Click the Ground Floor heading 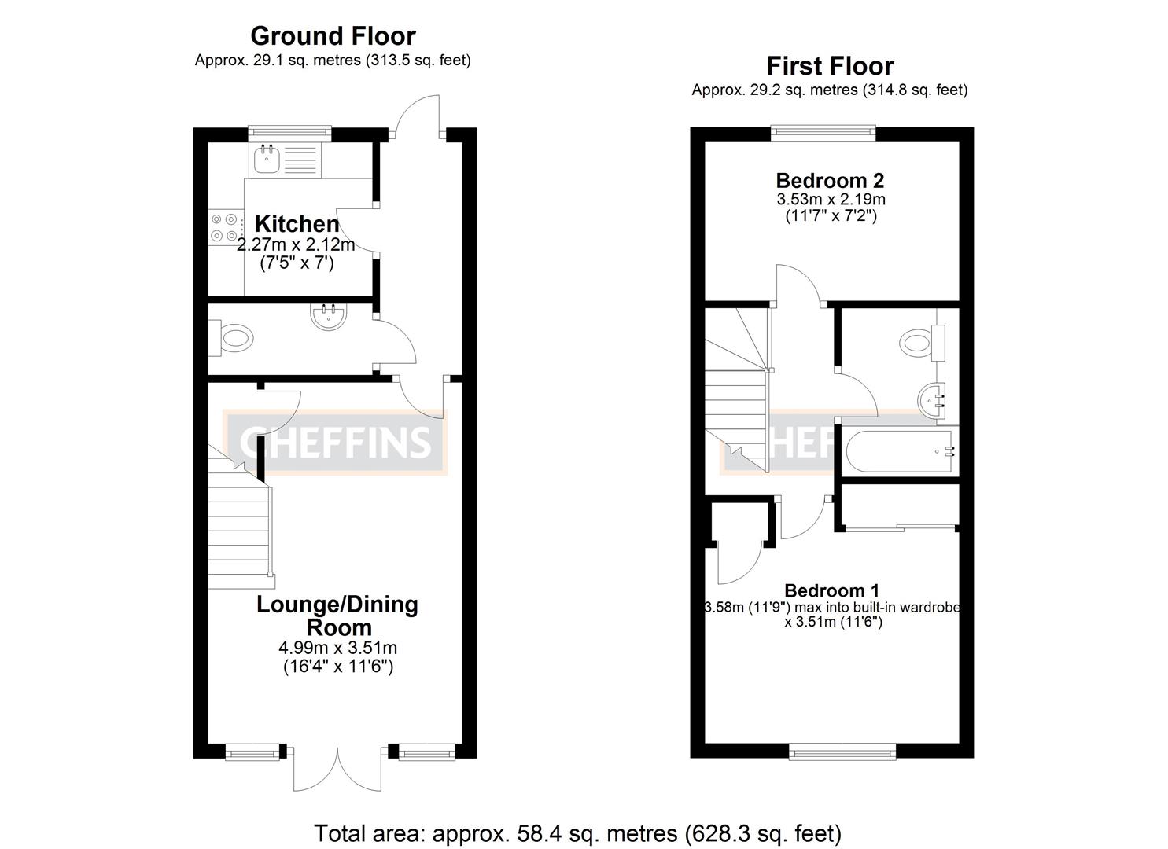(333, 36)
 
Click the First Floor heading (830, 66)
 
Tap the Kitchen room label (297, 224)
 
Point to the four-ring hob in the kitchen (225, 227)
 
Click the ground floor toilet (232, 340)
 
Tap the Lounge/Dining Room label (337, 616)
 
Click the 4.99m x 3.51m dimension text (337, 649)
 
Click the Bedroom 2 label (830, 179)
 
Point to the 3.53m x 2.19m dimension (830, 199)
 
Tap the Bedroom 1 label (831, 590)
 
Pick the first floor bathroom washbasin (932, 399)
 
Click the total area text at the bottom (577, 832)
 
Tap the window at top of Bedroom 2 (823, 134)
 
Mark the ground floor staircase (240, 519)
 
